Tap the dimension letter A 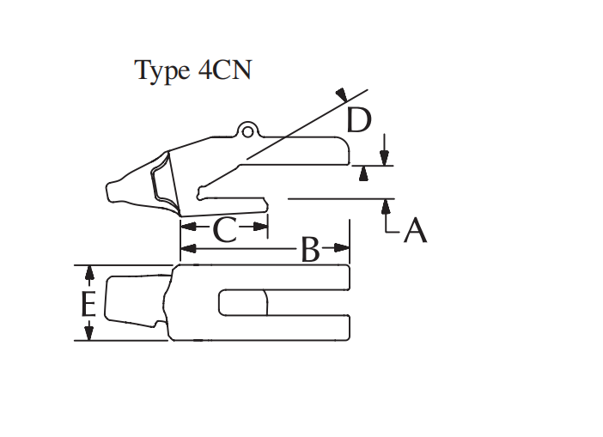[414, 229]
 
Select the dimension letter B [310, 251]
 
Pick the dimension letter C [223, 229]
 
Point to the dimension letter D [359, 121]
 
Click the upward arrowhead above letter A [386, 205]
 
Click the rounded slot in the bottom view [243, 303]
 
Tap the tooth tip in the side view [112, 191]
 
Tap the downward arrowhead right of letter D [385, 158]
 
